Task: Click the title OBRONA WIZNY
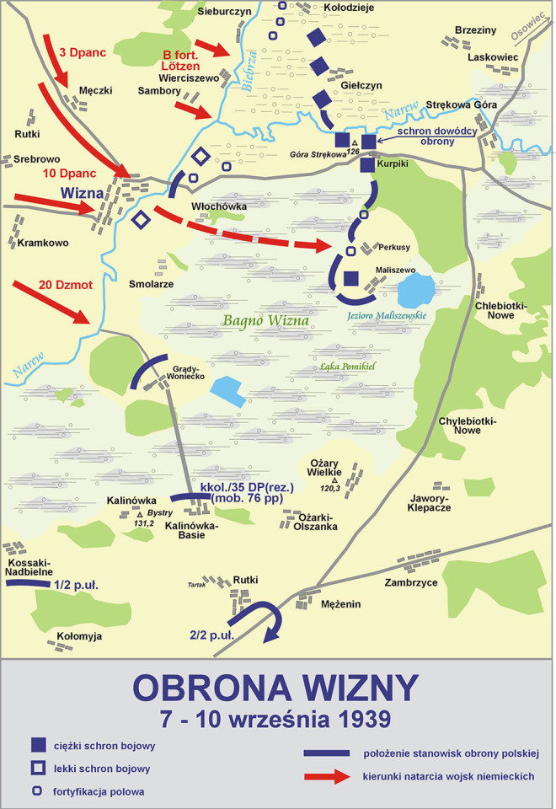point(276,687)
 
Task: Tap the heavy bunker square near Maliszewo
point(351,279)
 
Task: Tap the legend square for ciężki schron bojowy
point(38,745)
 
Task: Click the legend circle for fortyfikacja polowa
point(38,791)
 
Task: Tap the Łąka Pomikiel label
point(347,367)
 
